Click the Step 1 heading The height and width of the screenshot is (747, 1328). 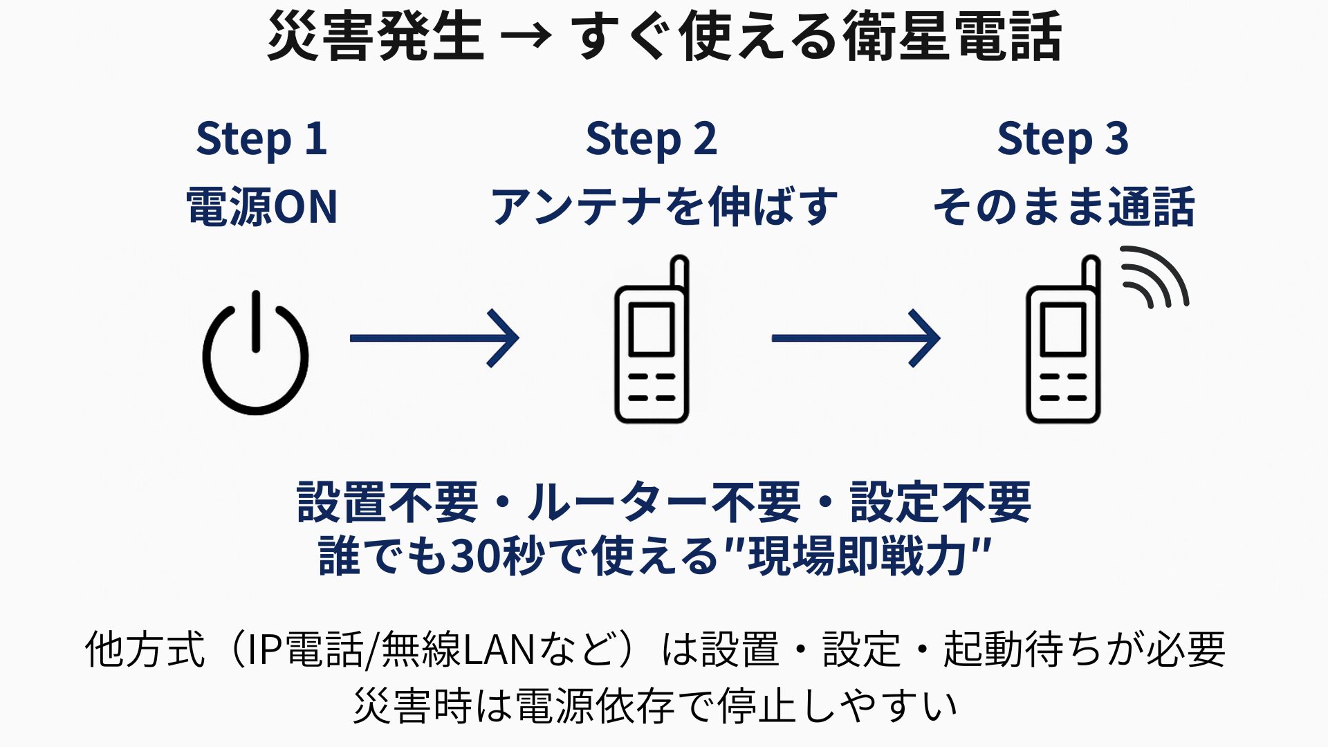click(x=261, y=139)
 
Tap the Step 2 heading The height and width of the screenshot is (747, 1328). click(x=651, y=139)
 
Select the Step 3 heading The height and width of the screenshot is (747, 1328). click(x=1062, y=139)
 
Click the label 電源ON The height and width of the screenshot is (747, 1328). click(x=261, y=207)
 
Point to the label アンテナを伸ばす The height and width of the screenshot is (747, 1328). click(x=664, y=207)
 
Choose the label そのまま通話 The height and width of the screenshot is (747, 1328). click(x=1064, y=207)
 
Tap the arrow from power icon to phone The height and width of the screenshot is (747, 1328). click(x=434, y=338)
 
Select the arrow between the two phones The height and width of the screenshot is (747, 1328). click(x=856, y=338)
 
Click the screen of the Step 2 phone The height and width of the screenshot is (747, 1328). click(x=651, y=329)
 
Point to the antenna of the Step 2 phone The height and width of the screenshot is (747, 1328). click(x=680, y=274)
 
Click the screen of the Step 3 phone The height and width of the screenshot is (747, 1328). click(x=1062, y=329)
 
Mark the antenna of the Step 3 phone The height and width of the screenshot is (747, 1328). click(x=1091, y=274)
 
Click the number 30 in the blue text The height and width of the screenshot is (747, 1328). click(x=475, y=557)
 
